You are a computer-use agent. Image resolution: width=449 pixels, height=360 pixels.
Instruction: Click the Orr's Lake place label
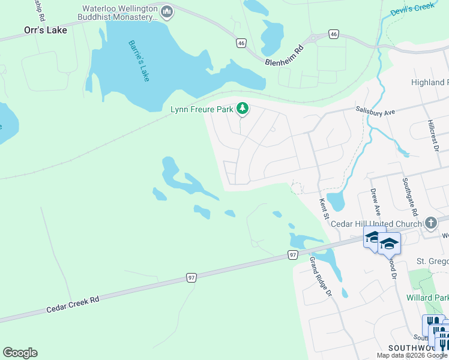(x=45, y=29)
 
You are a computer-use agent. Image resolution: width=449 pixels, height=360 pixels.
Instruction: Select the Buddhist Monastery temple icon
(x=167, y=11)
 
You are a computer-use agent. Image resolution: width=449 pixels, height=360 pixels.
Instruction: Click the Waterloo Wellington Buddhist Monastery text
(x=118, y=14)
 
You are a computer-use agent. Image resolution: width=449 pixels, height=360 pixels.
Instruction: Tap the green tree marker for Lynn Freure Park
(x=242, y=109)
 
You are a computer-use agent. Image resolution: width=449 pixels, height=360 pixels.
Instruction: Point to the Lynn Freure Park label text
(x=201, y=109)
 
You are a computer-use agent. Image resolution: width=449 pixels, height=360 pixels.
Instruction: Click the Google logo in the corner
(x=20, y=352)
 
